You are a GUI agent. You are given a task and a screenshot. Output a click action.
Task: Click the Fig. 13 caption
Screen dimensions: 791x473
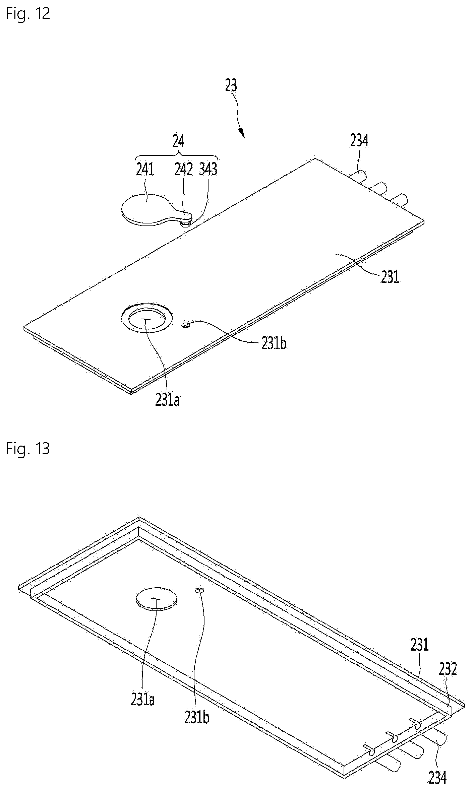[28, 448]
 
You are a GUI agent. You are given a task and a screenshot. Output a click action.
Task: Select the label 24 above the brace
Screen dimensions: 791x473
[178, 141]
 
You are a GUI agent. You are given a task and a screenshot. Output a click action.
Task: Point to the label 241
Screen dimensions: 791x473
[145, 170]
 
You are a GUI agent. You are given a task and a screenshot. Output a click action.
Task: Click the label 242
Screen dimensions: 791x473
[184, 170]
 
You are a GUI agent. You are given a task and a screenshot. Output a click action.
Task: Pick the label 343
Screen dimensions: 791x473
[208, 170]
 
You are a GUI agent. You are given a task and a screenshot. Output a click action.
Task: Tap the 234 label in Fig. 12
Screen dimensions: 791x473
[359, 141]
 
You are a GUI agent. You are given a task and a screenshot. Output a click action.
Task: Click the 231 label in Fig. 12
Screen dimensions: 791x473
[390, 277]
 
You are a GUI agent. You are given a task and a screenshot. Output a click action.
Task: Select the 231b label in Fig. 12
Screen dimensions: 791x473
[274, 344]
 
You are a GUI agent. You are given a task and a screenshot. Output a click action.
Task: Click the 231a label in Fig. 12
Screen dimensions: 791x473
[167, 400]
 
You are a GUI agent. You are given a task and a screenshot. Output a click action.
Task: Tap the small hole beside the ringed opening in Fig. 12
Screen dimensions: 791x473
[186, 324]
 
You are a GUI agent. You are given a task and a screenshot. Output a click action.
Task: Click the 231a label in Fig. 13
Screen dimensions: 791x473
[143, 700]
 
